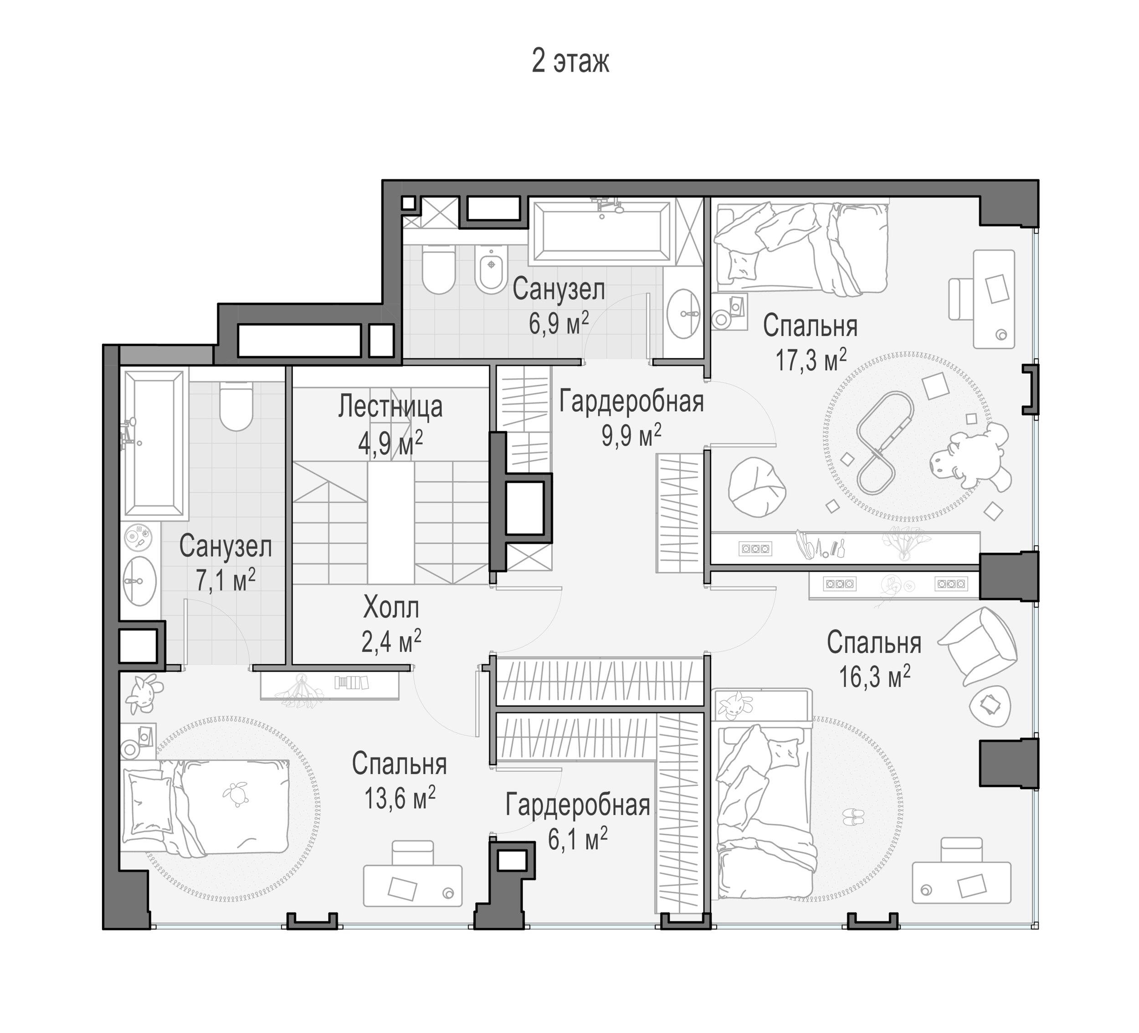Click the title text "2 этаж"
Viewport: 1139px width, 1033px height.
[x=570, y=62]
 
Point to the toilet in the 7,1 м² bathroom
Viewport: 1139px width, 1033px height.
[x=236, y=406]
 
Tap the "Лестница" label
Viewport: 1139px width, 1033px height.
[x=390, y=407]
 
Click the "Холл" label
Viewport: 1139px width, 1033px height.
[x=391, y=608]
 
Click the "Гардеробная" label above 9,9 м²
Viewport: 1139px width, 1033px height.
[x=631, y=402]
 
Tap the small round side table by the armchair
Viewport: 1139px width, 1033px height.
[x=989, y=706]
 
